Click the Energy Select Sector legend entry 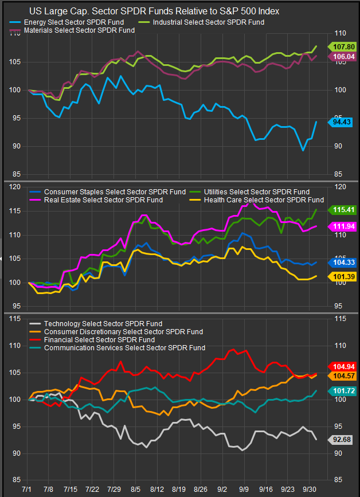coord(75,22)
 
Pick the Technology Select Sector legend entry coord(103,324)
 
